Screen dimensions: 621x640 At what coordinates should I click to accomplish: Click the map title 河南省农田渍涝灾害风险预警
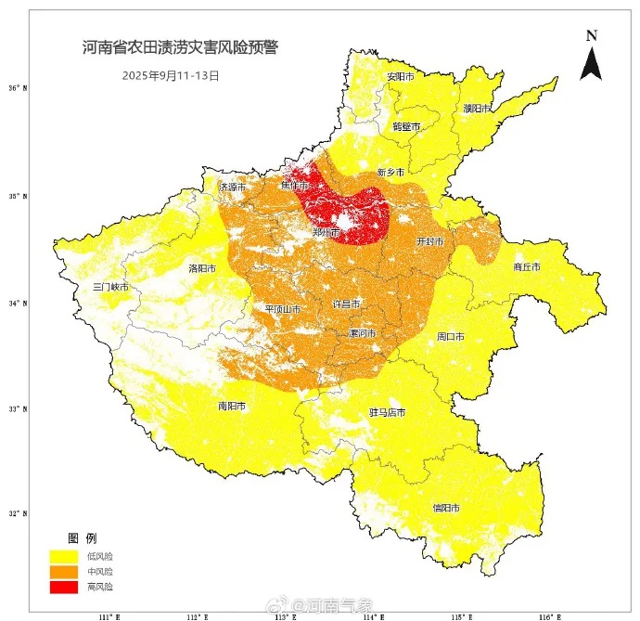179,46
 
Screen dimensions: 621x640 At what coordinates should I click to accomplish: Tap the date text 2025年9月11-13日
171,75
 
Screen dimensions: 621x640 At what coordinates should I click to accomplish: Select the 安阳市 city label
401,76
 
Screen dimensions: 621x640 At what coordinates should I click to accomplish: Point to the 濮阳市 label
477,109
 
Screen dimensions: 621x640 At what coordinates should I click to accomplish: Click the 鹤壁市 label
406,126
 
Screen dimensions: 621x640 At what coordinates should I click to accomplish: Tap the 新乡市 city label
391,174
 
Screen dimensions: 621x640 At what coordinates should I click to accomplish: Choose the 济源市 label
232,187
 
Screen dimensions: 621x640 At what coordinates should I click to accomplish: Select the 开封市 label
430,241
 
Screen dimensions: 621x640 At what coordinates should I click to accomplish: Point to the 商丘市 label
526,267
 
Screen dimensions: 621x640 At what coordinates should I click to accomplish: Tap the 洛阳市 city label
202,268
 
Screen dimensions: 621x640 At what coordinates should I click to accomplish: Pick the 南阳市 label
232,406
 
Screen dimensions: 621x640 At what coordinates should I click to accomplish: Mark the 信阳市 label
446,508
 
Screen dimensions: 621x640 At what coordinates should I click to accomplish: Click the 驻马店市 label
387,412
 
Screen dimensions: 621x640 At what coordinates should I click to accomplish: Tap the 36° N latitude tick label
18,89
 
